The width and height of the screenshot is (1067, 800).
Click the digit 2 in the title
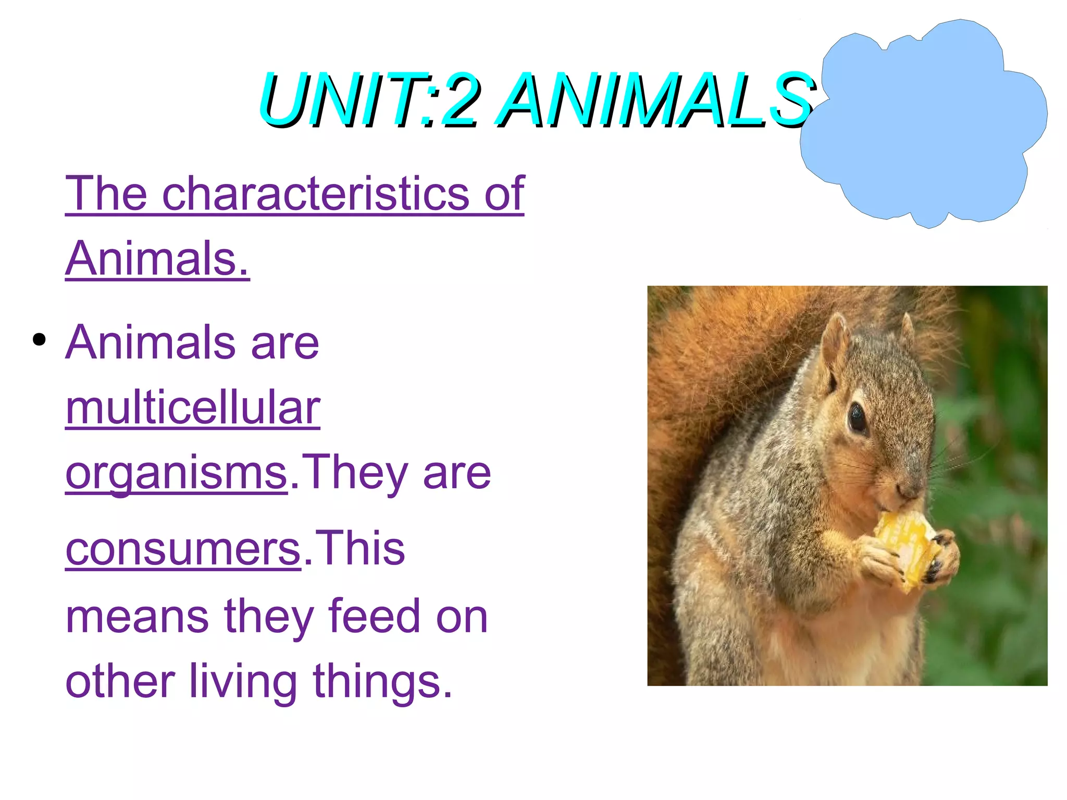point(458,100)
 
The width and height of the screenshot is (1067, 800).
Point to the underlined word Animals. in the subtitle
point(157,259)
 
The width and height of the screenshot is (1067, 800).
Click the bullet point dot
point(39,340)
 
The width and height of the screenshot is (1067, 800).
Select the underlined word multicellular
point(192,408)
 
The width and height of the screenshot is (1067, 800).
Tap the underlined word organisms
point(176,473)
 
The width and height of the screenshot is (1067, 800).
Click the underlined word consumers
point(183,548)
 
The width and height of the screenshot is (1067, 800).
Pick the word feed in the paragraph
point(374,617)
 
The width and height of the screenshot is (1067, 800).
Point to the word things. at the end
point(382,681)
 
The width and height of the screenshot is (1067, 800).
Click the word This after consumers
point(359,548)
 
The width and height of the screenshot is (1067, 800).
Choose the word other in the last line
point(120,681)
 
